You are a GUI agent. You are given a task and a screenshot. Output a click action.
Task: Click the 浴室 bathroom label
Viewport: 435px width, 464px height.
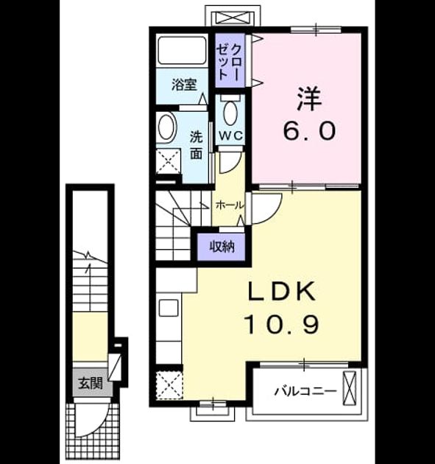coord(184,85)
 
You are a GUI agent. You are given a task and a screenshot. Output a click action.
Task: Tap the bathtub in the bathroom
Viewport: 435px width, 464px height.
coord(182,50)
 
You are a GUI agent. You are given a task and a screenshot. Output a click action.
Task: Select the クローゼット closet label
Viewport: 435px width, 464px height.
coord(230,60)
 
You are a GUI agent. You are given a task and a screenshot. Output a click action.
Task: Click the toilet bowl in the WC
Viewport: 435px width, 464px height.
coord(230,113)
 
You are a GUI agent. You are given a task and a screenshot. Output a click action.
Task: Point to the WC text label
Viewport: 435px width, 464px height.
coord(230,136)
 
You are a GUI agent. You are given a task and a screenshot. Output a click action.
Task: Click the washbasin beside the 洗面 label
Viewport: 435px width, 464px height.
coord(167,127)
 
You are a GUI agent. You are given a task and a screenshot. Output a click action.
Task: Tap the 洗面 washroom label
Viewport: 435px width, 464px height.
coord(197,144)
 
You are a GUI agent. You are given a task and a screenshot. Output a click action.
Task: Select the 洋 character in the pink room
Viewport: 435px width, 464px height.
coord(309,99)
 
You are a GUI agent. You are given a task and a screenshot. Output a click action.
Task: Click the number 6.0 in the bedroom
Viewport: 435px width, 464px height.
coord(309,131)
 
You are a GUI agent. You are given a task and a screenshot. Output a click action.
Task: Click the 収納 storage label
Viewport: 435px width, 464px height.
coord(222,246)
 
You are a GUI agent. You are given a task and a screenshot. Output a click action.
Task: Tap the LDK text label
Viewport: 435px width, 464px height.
coord(281,291)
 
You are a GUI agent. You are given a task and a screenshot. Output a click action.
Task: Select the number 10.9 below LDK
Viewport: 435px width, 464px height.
coord(281,324)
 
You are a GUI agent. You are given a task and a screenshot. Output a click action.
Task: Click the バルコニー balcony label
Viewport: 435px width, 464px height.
coord(305,392)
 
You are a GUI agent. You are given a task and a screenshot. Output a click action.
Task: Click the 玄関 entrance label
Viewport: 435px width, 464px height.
coord(91,384)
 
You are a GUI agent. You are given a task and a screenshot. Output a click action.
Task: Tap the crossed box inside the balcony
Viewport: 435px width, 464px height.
coord(350,388)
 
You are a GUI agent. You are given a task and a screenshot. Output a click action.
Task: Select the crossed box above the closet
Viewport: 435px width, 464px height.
coord(233,18)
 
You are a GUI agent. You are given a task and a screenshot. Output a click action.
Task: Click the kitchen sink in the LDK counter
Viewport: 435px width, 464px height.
coord(169,308)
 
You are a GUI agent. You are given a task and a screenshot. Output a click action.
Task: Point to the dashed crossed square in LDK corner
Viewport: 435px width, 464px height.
coord(169,385)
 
